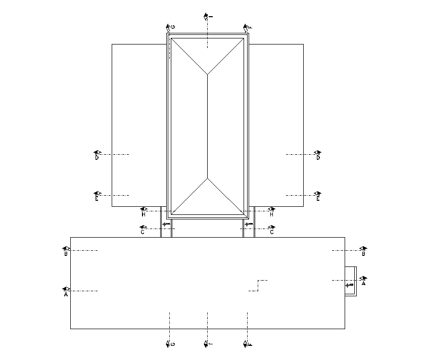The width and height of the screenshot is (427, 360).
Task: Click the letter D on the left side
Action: click(x=97, y=158)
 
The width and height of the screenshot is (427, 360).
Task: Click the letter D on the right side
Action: click(x=318, y=158)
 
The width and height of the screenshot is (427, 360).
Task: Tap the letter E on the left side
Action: click(x=97, y=199)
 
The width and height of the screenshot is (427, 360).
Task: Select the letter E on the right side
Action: click(x=318, y=199)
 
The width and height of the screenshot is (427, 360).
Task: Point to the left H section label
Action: click(x=144, y=214)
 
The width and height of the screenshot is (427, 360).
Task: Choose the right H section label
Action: click(x=272, y=214)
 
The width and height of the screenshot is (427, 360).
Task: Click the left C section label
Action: click(x=143, y=232)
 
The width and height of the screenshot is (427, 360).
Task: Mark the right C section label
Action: click(x=272, y=232)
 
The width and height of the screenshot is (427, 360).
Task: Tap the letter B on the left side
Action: click(x=66, y=254)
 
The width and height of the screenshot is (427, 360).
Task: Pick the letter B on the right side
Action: click(x=363, y=254)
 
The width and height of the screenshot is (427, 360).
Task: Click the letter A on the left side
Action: click(x=66, y=294)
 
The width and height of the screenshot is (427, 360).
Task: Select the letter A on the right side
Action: click(x=363, y=284)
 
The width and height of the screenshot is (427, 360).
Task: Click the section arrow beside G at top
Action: click(x=168, y=26)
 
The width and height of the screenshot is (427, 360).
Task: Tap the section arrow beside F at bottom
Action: click(x=246, y=344)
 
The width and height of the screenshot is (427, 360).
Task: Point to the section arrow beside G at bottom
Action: click(x=168, y=344)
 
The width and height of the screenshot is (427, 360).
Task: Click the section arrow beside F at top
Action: click(x=246, y=26)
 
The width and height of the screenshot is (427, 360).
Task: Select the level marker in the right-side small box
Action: click(x=349, y=285)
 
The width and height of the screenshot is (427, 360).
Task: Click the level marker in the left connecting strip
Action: click(x=166, y=224)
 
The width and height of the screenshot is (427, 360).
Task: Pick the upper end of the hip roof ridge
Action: click(x=207, y=75)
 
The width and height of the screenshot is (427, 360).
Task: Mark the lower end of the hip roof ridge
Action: click(x=207, y=178)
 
